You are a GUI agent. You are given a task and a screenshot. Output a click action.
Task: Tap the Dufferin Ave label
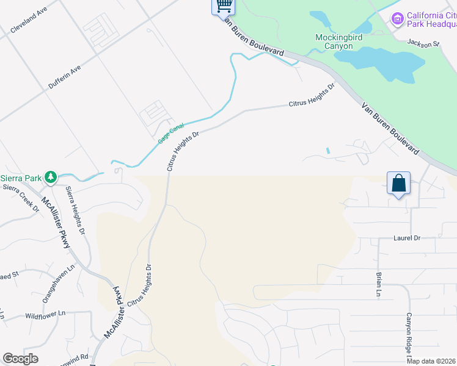click(x=65, y=78)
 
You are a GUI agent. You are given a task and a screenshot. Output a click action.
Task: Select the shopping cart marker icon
click(x=224, y=6)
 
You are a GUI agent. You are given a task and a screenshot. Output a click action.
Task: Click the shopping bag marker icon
click(x=398, y=183)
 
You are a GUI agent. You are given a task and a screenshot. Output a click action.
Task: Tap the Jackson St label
click(x=423, y=43)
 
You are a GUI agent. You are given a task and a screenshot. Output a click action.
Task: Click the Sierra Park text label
click(x=20, y=178)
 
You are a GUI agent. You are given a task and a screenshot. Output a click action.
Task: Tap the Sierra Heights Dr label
click(x=75, y=210)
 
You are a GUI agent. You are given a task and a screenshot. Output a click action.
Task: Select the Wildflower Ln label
click(x=45, y=315)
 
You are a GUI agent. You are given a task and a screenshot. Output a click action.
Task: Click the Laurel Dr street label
click(x=408, y=238)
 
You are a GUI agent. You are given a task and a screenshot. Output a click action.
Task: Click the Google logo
click(x=21, y=359)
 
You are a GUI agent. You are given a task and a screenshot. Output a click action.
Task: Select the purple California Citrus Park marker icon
click(x=398, y=20)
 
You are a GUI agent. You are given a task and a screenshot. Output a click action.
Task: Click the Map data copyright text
click(x=431, y=361)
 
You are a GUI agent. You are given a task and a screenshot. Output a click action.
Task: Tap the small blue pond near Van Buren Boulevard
click(x=328, y=150)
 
